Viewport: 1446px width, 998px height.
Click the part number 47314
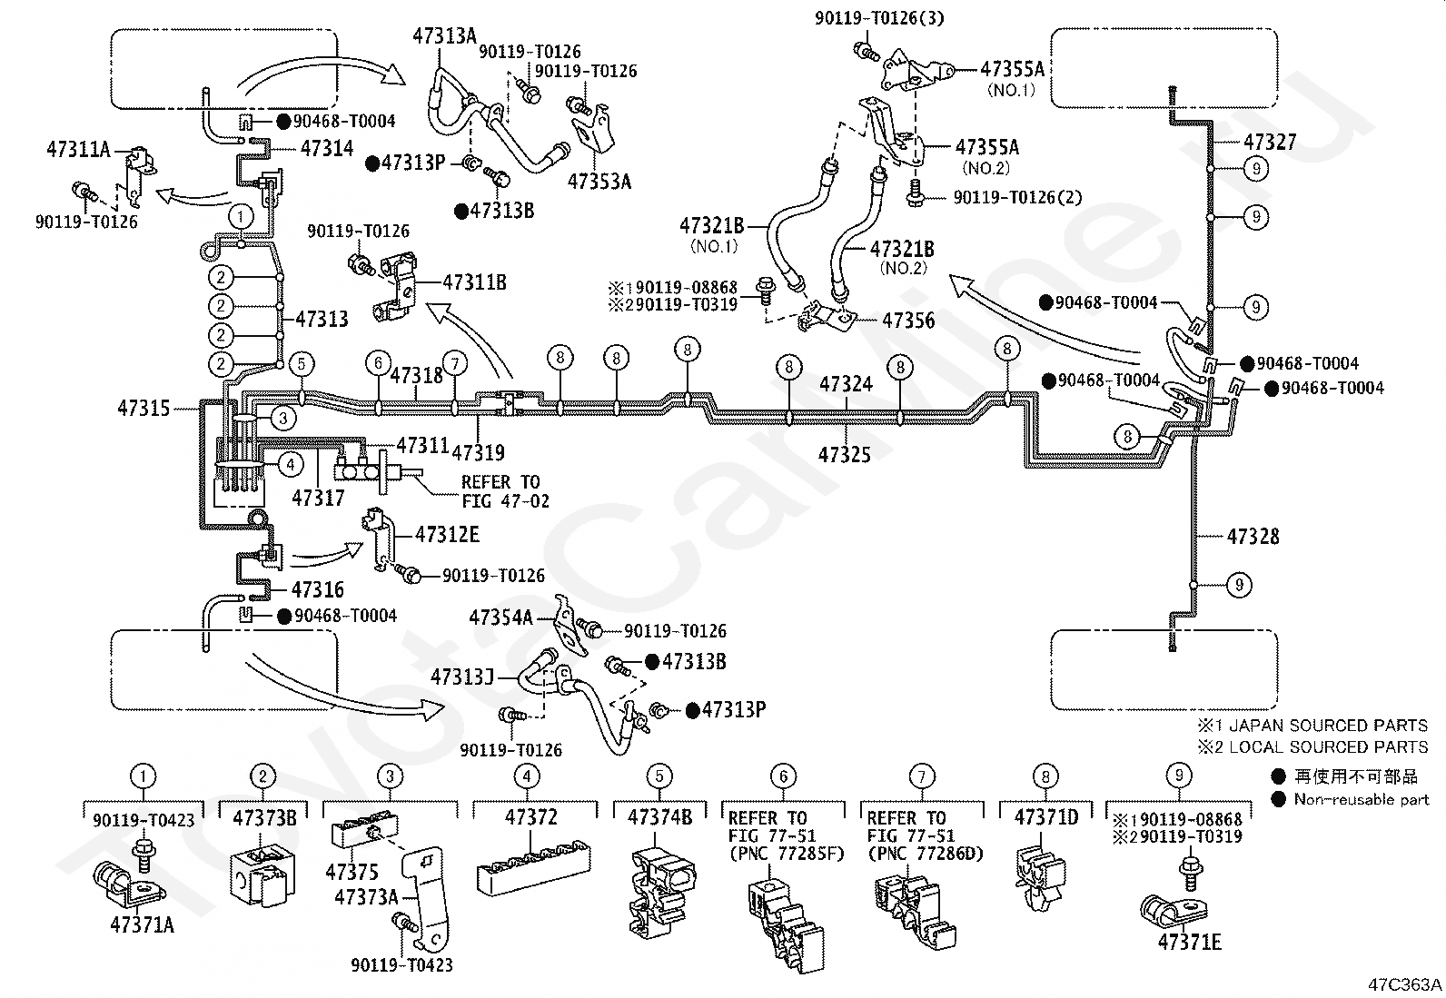tap(327, 148)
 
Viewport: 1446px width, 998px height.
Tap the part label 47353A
tap(599, 182)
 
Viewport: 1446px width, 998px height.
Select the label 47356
tap(908, 321)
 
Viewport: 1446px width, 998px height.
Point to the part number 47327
tap(1269, 142)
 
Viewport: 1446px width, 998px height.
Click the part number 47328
tap(1253, 537)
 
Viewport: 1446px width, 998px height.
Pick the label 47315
tap(144, 408)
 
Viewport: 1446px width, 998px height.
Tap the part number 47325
tap(845, 455)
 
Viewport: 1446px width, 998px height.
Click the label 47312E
tap(447, 535)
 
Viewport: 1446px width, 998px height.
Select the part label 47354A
tap(501, 618)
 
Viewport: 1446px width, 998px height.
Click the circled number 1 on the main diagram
tap(241, 215)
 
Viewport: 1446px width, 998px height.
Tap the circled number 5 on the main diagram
tap(302, 364)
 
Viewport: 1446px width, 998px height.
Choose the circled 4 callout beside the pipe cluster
tap(291, 463)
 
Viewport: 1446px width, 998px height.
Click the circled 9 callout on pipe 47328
tap(1239, 585)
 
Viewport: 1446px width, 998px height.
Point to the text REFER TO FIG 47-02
tap(505, 492)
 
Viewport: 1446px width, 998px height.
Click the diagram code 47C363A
tap(1405, 984)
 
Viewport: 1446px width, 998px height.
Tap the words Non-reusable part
tap(1362, 799)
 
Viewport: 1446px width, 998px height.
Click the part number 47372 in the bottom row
tap(530, 817)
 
